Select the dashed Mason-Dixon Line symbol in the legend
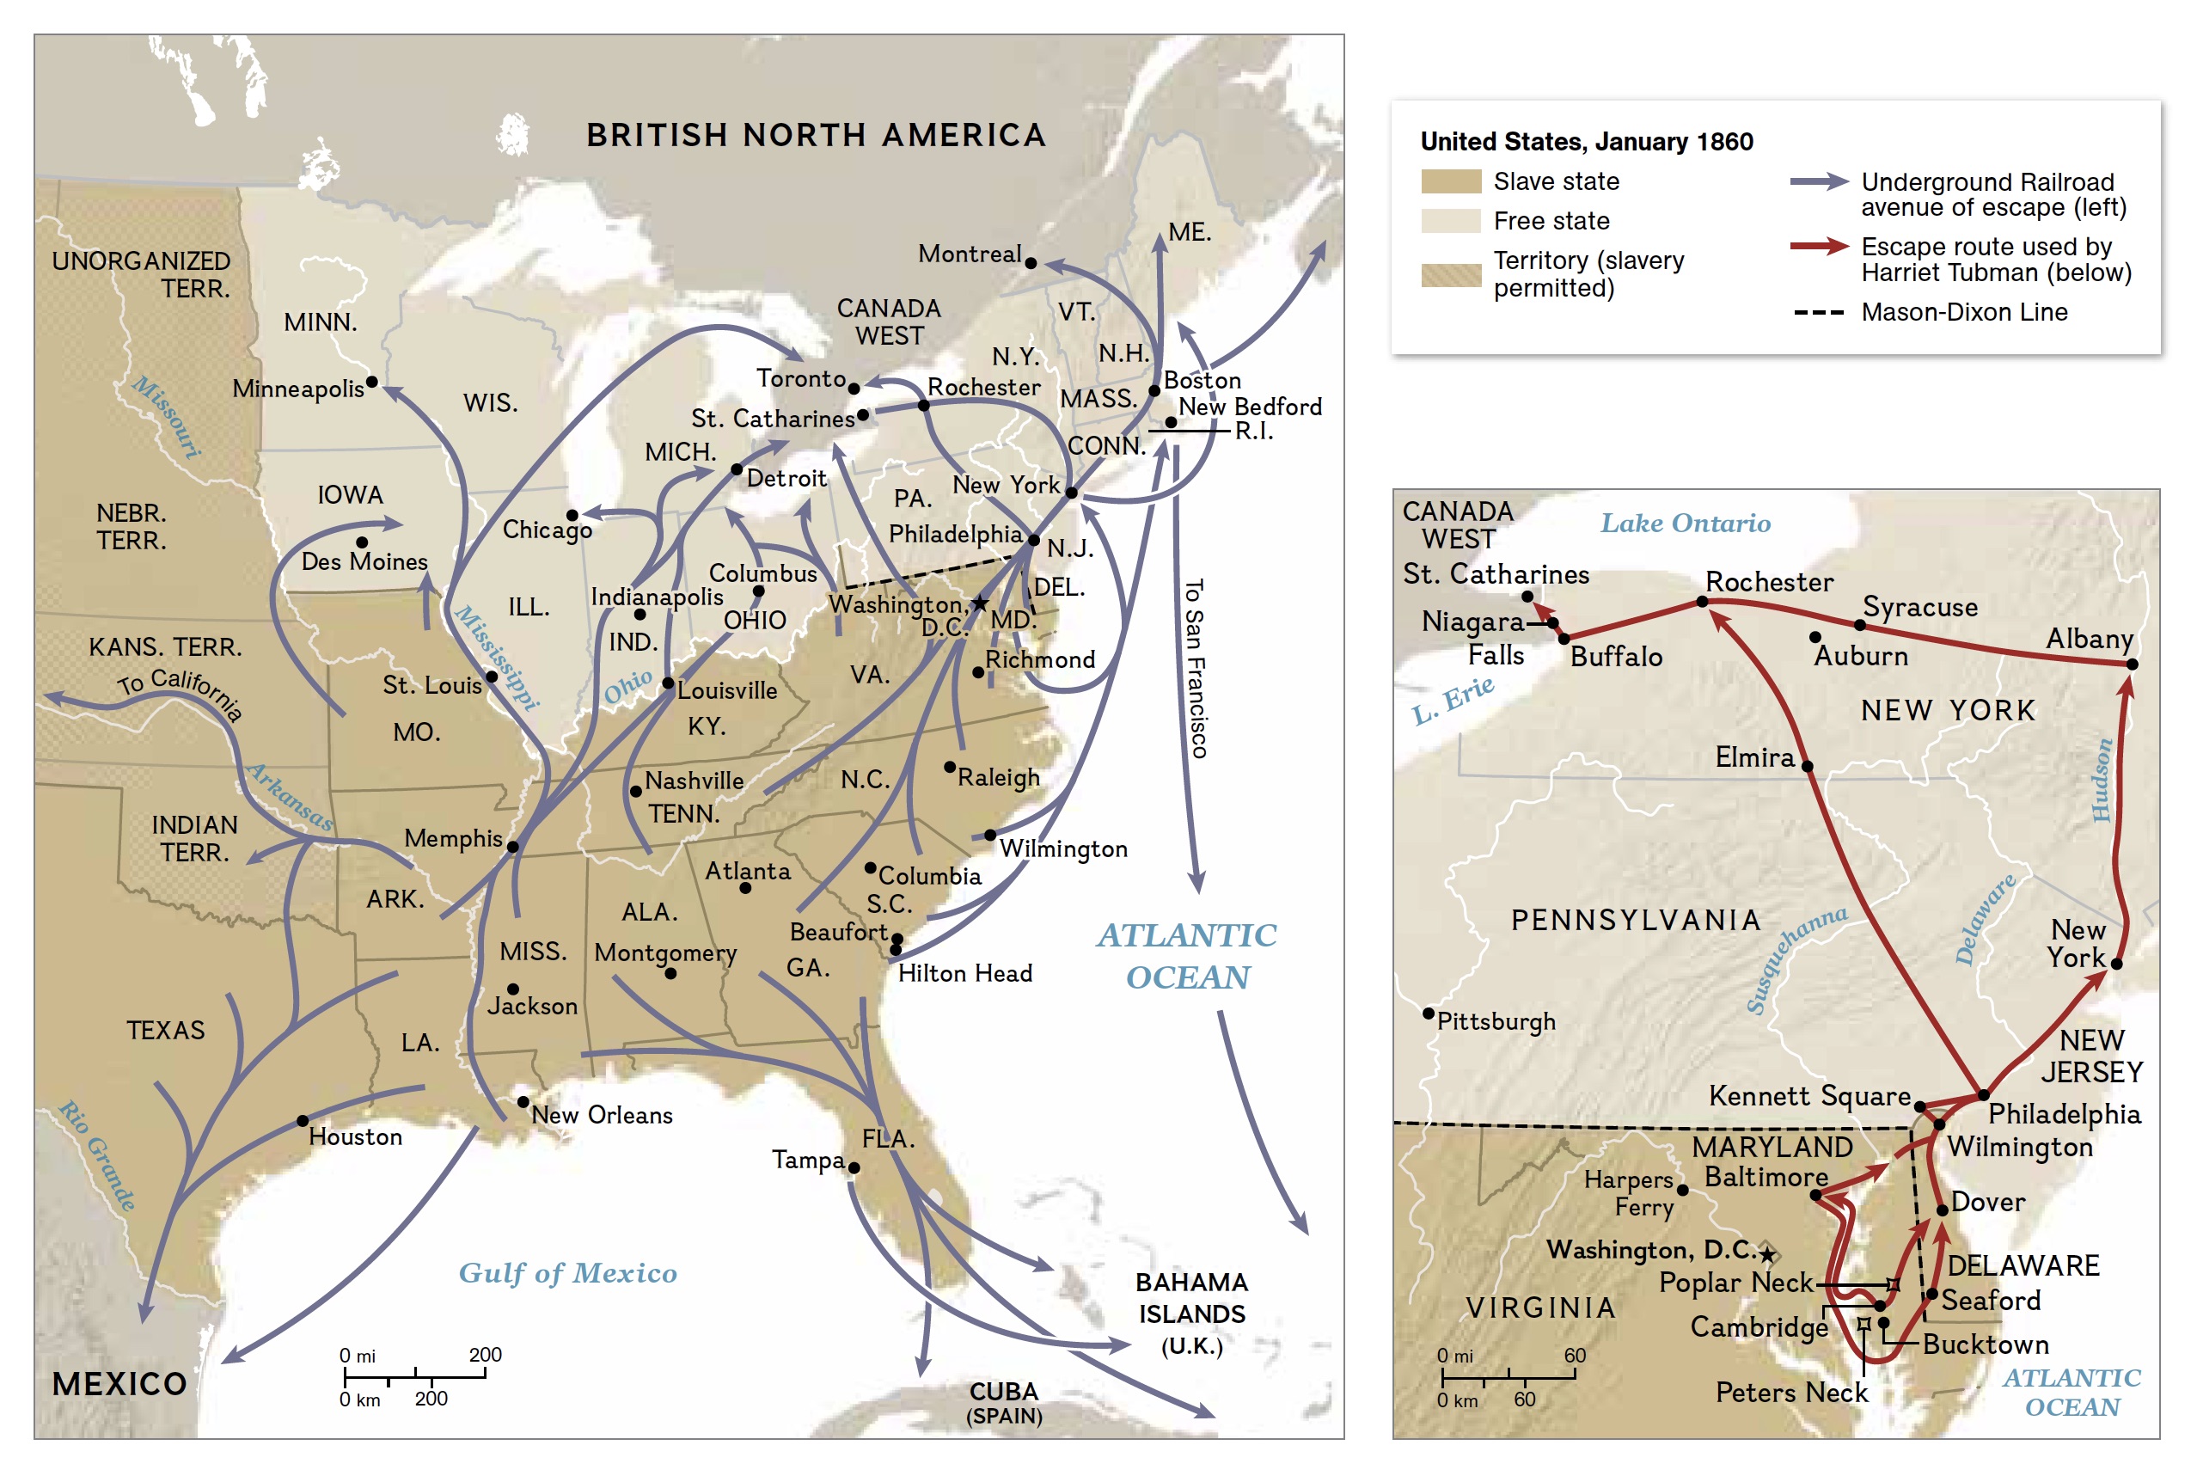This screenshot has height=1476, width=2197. [x=1818, y=313]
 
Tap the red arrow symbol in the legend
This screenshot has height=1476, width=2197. [x=1818, y=247]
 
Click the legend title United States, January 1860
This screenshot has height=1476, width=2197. [x=1585, y=141]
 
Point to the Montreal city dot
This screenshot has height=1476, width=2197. [x=1031, y=264]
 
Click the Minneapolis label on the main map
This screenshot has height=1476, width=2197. [x=297, y=389]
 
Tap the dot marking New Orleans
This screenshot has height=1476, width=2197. [x=523, y=1101]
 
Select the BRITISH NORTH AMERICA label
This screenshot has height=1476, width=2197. [x=815, y=136]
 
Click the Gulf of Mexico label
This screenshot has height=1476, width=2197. [x=567, y=1272]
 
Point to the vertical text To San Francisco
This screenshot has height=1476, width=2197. [x=1195, y=668]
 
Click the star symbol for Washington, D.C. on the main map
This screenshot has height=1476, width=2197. [x=980, y=603]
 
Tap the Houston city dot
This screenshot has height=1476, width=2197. [x=303, y=1121]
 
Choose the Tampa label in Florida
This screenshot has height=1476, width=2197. [x=807, y=1160]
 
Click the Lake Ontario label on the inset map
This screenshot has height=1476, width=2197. [x=1685, y=524]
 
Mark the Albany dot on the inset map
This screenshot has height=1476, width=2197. [x=2132, y=665]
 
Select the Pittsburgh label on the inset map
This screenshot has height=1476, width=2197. [x=1496, y=1021]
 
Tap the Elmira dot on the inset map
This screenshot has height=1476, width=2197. [x=1807, y=766]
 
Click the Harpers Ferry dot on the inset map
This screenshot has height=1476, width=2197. [x=1682, y=1191]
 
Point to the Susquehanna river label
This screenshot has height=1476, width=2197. [x=1795, y=959]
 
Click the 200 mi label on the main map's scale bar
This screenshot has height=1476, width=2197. [x=485, y=1355]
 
